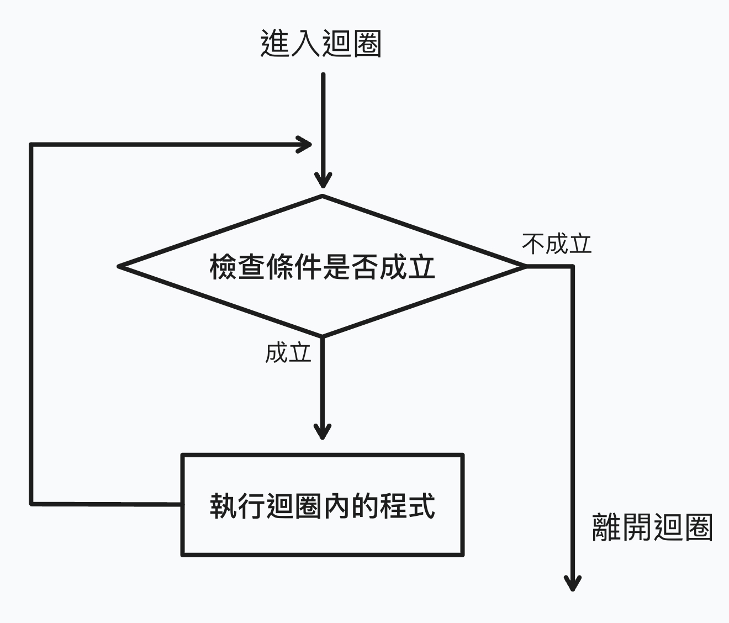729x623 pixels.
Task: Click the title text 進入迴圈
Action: [320, 44]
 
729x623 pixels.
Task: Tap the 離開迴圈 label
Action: [652, 527]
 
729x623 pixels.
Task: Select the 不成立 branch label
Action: [557, 244]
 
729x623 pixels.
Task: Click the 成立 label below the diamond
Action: [288, 352]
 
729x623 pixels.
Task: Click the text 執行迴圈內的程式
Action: [322, 505]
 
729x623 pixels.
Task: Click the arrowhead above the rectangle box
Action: [323, 431]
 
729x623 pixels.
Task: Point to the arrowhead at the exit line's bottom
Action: [573, 583]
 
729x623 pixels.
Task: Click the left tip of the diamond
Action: [119, 267]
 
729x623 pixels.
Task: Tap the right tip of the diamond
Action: [525, 266]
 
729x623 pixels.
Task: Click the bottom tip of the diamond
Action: [323, 336]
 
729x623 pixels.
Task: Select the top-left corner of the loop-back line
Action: [32, 145]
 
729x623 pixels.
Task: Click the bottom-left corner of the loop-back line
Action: [32, 503]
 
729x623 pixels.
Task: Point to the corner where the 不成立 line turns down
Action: [573, 266]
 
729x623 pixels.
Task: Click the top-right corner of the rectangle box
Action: [462, 455]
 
